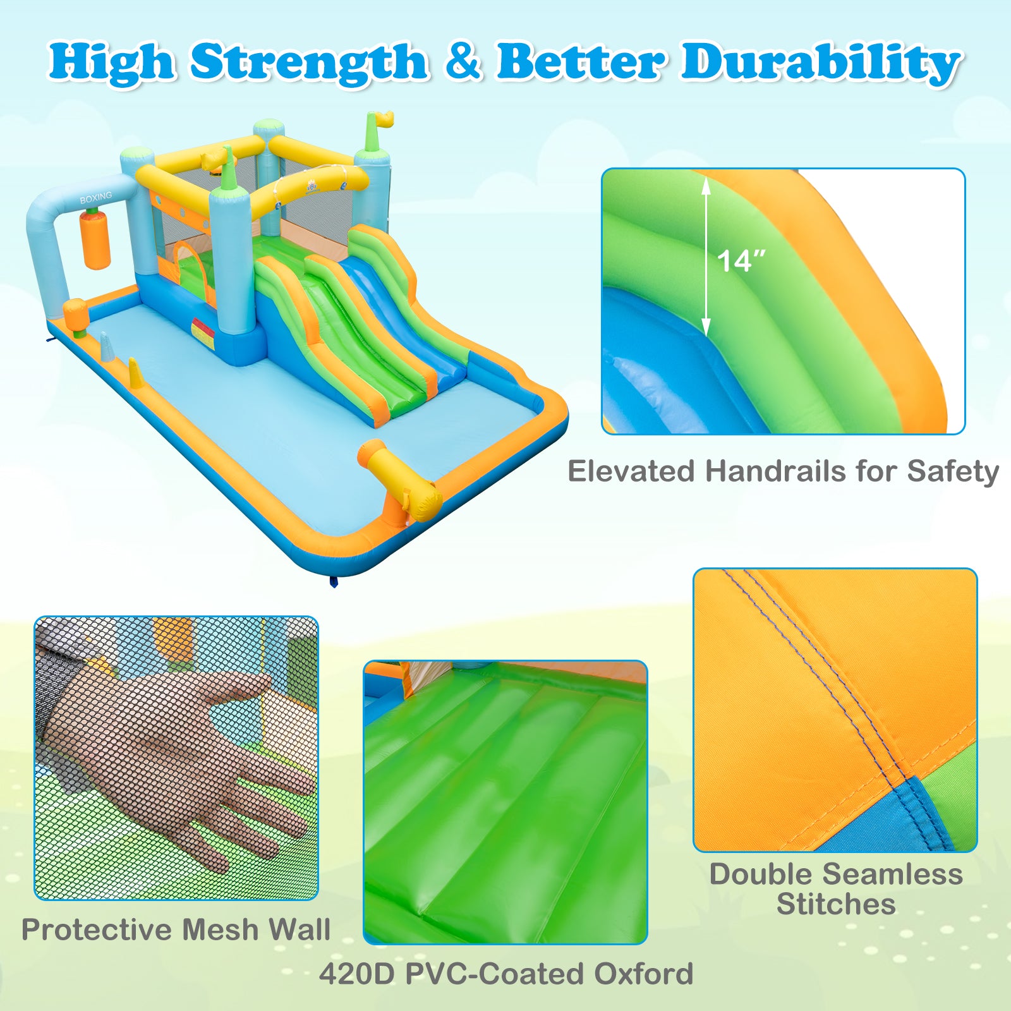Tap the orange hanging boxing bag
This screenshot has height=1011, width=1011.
(x=96, y=240)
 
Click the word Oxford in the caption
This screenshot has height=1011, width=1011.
(x=643, y=974)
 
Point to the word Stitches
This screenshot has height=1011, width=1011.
(x=836, y=904)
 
